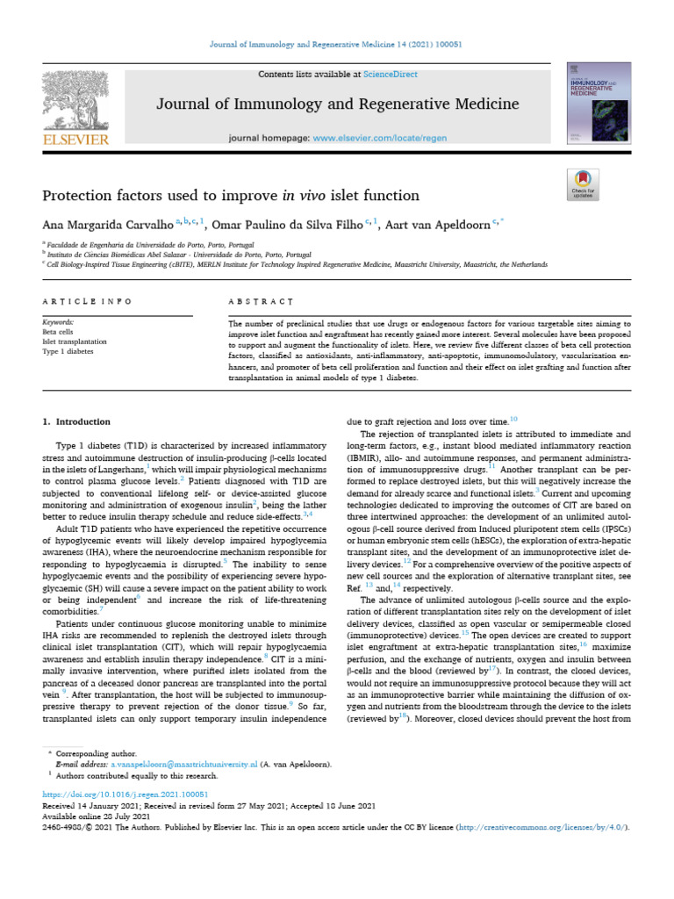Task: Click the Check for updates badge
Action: pyautogui.click(x=583, y=185)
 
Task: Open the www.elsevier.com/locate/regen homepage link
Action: pyautogui.click(x=375, y=139)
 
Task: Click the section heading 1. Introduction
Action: pyautogui.click(x=77, y=422)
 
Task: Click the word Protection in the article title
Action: pyautogui.click(x=81, y=195)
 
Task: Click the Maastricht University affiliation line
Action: pyautogui.click(x=298, y=263)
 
